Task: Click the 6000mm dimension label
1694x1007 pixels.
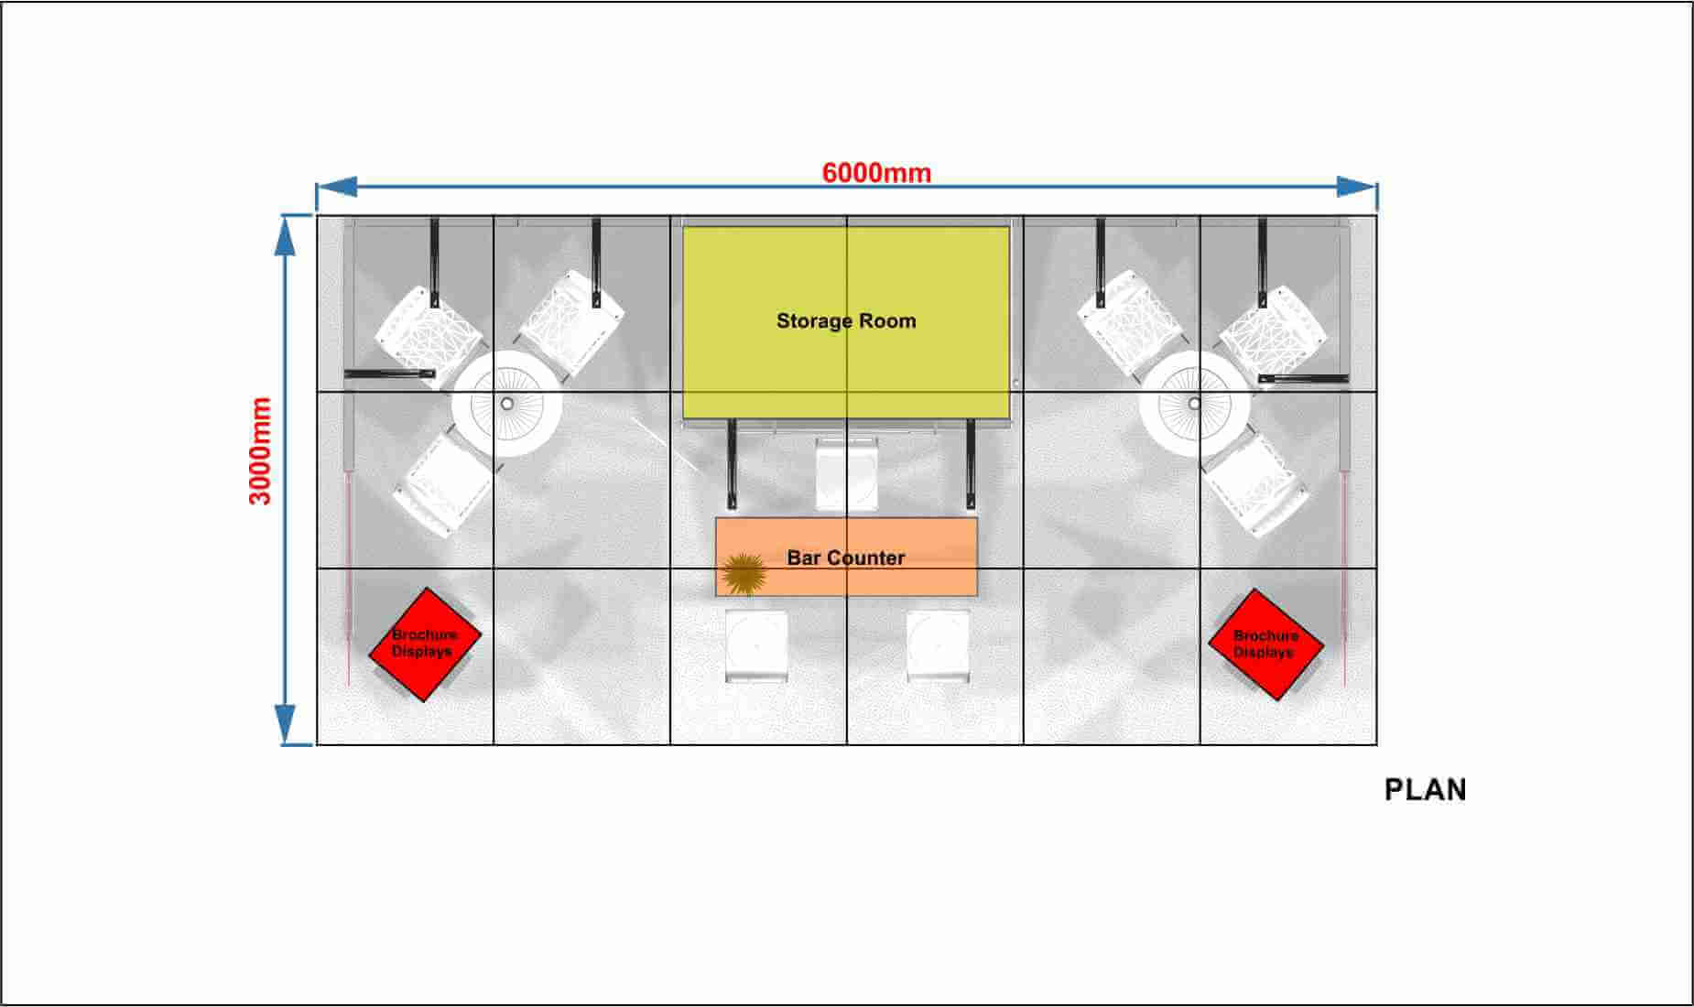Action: [876, 172]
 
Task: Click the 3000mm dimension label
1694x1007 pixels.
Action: [261, 450]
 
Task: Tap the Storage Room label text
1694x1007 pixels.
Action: [846, 320]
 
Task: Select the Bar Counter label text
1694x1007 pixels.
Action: [846, 558]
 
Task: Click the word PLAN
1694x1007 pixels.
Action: [1425, 790]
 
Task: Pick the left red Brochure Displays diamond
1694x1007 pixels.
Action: [425, 644]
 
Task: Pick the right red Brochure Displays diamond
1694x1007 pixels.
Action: [1265, 644]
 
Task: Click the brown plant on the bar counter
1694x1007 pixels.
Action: [744, 574]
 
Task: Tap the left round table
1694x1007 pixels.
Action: [507, 404]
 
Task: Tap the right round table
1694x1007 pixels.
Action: [1194, 404]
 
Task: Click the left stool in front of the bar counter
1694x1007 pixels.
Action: [756, 646]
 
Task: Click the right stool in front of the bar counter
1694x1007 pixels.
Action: [938, 646]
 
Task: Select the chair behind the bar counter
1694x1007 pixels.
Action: [847, 474]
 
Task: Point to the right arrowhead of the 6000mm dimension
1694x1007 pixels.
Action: [1357, 187]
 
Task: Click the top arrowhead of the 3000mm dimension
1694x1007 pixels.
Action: [286, 234]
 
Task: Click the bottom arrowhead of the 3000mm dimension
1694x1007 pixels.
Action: [286, 725]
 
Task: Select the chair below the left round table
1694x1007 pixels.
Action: [443, 486]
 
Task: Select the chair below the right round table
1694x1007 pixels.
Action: [1256, 486]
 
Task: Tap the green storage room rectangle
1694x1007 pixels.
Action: [846, 322]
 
